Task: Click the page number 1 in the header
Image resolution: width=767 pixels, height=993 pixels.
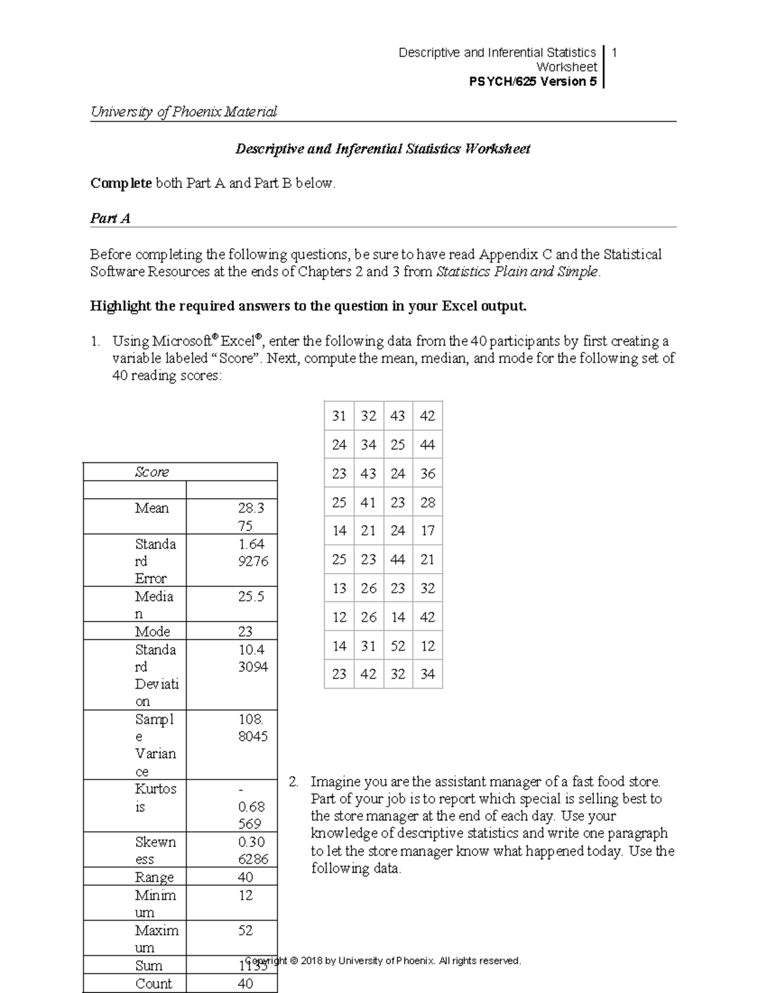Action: [614, 52]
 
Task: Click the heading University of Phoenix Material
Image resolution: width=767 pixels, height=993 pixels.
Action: [183, 112]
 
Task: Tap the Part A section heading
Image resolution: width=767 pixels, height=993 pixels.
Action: [110, 218]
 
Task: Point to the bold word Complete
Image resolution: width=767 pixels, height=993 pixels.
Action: [121, 184]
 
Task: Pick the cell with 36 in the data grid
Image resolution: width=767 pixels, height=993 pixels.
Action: [428, 474]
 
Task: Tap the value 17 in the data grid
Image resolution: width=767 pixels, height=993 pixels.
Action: [428, 531]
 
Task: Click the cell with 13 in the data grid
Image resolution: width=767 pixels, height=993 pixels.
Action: [339, 588]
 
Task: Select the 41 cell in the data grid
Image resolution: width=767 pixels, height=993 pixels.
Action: [368, 503]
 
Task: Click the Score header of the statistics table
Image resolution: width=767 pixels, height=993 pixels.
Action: [152, 472]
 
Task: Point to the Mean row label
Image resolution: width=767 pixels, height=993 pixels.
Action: [151, 508]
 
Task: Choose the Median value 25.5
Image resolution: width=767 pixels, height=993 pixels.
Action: [251, 597]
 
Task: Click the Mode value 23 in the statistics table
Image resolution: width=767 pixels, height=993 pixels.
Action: [245, 632]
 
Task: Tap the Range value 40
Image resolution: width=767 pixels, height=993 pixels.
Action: [245, 877]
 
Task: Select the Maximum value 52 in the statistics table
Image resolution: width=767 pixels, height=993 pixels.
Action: [245, 930]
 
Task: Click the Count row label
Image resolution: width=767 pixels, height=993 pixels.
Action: [153, 983]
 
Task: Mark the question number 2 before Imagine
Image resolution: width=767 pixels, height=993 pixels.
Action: [293, 782]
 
